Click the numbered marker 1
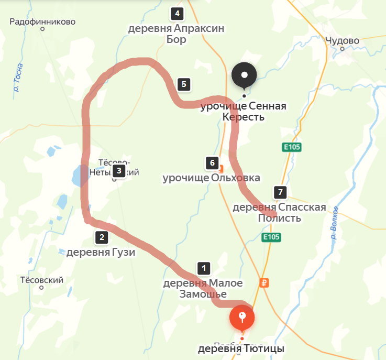coord(203,268)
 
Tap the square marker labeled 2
coord(101,237)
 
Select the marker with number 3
coord(119,170)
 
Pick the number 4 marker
coord(178,14)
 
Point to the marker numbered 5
coord(183,83)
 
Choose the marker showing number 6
coord(212,162)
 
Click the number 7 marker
coord(280,192)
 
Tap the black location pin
coord(244,77)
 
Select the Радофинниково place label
coord(43,22)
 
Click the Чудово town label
coord(342,40)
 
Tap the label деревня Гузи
coord(101,253)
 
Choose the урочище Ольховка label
coord(211,178)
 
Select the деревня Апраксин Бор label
coord(177,34)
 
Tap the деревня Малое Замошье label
coord(203,288)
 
